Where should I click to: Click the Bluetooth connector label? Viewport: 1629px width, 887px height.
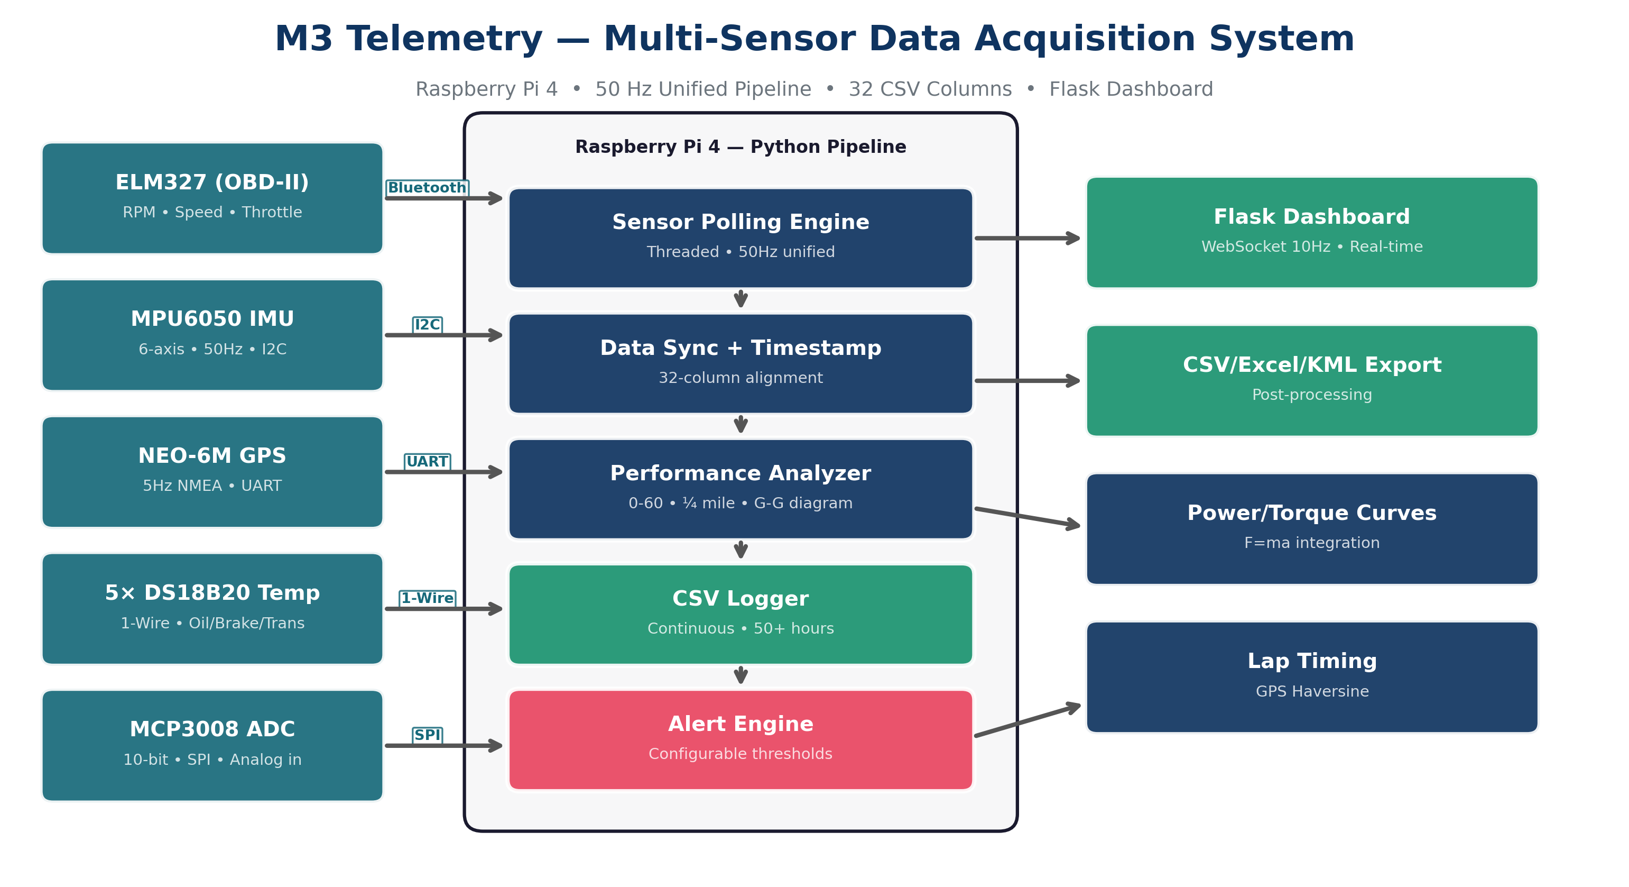click(x=427, y=188)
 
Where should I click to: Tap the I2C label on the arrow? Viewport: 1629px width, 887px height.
click(x=427, y=325)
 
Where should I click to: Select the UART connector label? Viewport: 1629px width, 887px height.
click(x=427, y=462)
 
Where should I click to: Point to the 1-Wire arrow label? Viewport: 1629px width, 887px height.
click(x=427, y=599)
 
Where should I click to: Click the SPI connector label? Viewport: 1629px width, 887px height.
click(x=427, y=735)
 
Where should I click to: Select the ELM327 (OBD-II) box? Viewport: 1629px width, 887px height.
click(x=212, y=198)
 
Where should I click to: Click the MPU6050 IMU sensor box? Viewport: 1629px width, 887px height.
click(x=212, y=335)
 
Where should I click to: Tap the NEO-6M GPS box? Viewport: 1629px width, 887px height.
click(x=212, y=472)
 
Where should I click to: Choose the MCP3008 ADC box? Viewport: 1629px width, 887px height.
click(x=212, y=745)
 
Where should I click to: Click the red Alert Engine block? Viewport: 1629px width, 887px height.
click(x=741, y=739)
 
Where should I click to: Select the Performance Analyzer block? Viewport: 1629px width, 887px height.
click(x=741, y=489)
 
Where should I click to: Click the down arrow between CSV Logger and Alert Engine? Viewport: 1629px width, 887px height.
click(x=741, y=675)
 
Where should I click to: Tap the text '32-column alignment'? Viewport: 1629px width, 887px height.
click(x=741, y=378)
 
